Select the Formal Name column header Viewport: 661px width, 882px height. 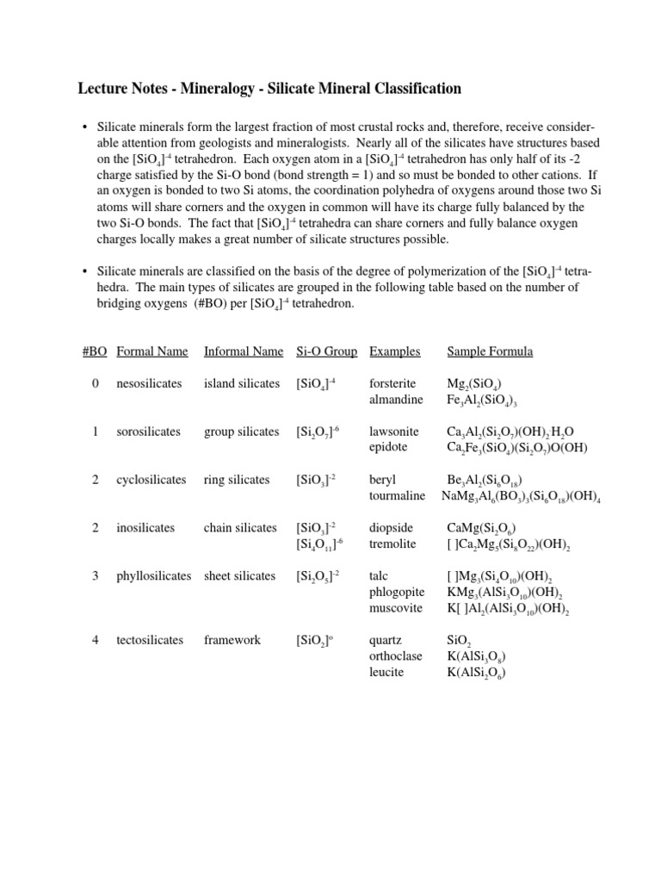click(x=151, y=351)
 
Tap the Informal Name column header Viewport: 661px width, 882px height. click(x=243, y=351)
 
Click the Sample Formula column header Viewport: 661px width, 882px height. click(x=490, y=351)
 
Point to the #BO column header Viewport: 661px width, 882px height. click(x=95, y=351)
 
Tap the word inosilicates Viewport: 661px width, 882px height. click(x=145, y=528)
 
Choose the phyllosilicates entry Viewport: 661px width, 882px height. click(x=154, y=576)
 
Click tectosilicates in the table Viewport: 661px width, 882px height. click(x=150, y=640)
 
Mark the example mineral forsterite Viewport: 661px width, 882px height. click(x=392, y=383)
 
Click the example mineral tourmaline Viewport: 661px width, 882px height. click(x=397, y=496)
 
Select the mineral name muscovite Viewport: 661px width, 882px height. click(x=394, y=608)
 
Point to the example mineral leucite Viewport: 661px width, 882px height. click(x=386, y=672)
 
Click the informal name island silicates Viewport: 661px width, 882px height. click(x=242, y=383)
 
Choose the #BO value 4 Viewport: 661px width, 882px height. click(x=96, y=640)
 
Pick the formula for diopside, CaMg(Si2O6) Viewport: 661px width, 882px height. click(x=482, y=529)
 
